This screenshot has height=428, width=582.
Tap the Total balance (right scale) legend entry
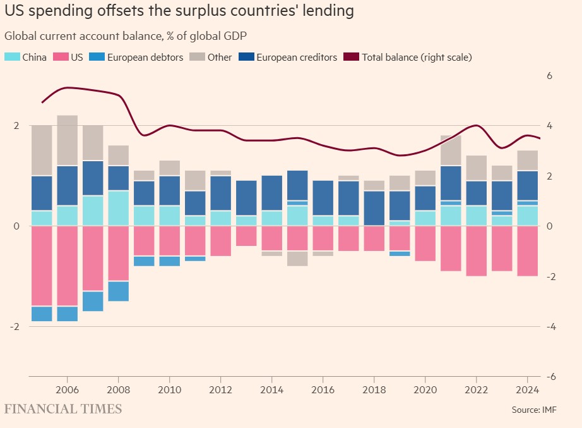[x=410, y=58]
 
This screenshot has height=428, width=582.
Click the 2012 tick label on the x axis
[x=220, y=389]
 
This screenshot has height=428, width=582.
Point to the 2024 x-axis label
[x=526, y=389]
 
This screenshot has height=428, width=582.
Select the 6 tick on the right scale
[x=549, y=76]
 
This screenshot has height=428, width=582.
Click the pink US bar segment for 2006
[x=68, y=266]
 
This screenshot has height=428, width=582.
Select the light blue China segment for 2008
[x=119, y=208]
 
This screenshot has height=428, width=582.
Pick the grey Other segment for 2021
[x=451, y=150]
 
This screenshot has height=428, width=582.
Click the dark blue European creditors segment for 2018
[x=374, y=208]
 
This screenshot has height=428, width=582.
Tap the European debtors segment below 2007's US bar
[x=93, y=301]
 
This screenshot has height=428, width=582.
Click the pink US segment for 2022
[x=476, y=250]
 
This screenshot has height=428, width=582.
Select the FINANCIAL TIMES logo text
[x=63, y=409]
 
